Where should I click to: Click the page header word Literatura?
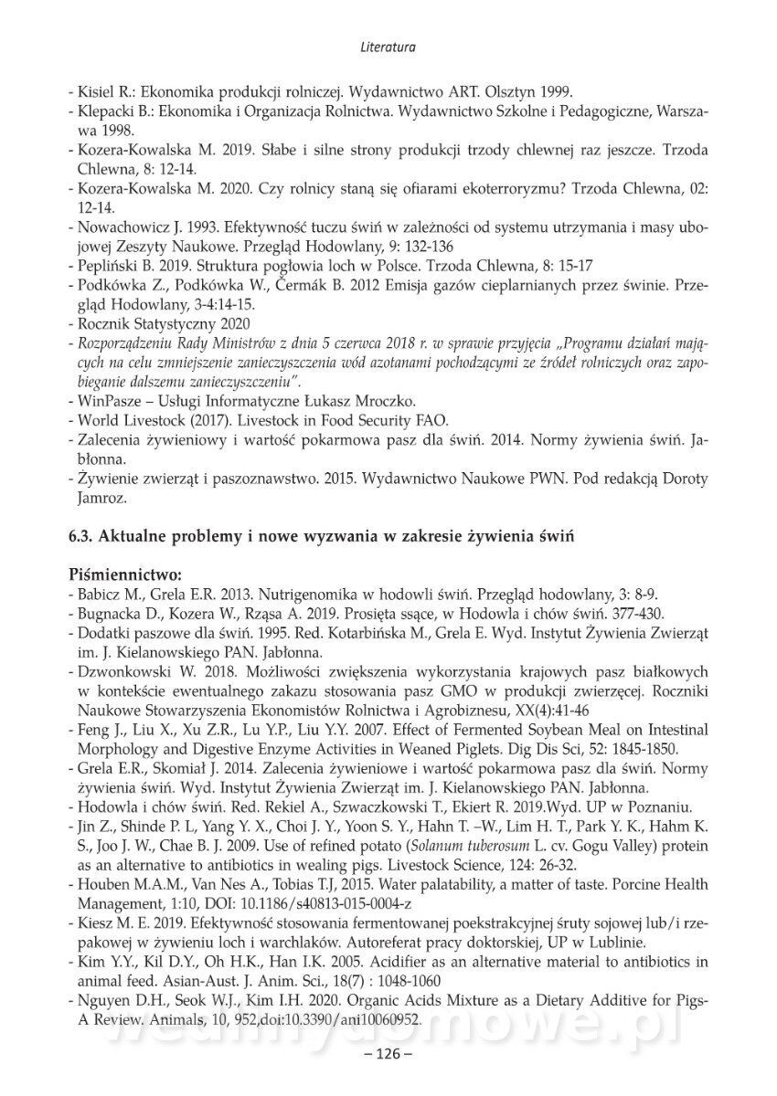click(388, 44)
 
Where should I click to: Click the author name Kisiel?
click(94, 91)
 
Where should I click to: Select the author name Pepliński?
click(105, 265)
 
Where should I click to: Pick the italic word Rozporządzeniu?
click(125, 343)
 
